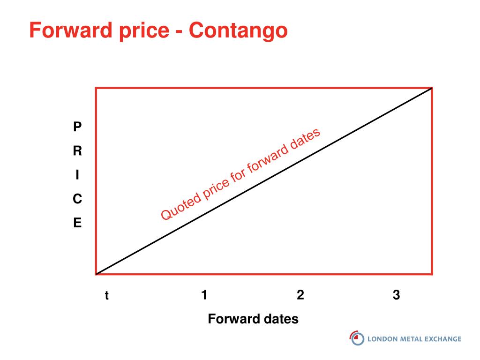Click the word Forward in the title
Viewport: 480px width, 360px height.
(71, 30)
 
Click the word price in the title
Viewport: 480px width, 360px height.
(144, 31)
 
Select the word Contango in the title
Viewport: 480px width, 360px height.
(238, 31)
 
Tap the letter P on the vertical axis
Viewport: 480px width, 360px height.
(77, 127)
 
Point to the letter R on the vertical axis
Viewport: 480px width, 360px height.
(77, 150)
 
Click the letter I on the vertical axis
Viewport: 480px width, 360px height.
(77, 175)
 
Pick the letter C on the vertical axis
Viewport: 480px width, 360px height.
(77, 199)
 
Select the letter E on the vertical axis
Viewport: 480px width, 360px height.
(77, 223)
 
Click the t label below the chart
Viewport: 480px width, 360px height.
(106, 295)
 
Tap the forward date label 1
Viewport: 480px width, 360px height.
(204, 295)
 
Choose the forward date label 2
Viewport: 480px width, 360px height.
(300, 295)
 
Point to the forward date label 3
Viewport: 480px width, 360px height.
(397, 295)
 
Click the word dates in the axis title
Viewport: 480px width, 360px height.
(282, 319)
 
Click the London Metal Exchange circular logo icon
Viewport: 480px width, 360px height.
(357, 338)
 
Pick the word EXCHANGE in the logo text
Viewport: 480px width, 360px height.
(443, 339)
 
